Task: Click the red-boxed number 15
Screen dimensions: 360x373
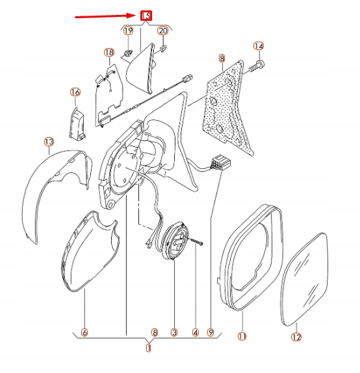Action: point(146,16)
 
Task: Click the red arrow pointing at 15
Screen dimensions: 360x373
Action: point(105,16)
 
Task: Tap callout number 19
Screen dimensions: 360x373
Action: point(128,31)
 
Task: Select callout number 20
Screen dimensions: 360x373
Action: point(163,31)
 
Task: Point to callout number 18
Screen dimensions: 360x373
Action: point(109,53)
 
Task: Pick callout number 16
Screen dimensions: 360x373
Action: point(75,92)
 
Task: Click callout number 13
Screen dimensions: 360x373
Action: point(49,142)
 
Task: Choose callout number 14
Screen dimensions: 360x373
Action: point(259,46)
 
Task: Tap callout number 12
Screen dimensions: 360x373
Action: point(296,337)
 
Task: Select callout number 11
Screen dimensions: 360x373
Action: point(242,336)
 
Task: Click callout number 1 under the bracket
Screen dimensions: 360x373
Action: point(148,348)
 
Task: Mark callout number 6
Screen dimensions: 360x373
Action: point(84,332)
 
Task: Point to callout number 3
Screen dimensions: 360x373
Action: point(174,332)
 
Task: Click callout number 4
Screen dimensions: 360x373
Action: point(196,332)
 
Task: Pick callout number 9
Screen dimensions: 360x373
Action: point(211,332)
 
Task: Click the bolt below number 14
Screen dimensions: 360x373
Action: point(257,66)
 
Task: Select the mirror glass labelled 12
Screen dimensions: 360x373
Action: point(305,279)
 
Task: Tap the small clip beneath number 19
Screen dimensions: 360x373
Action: point(127,54)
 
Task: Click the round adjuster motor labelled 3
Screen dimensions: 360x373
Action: point(176,240)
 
